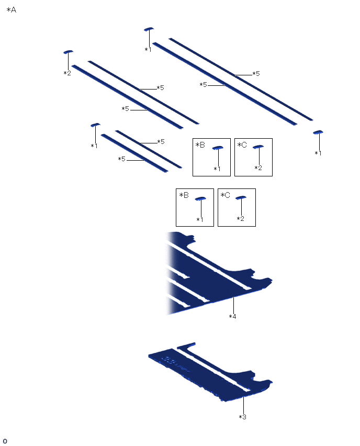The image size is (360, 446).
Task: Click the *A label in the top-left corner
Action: pyautogui.click(x=12, y=10)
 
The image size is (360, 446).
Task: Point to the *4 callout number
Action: pyautogui.click(x=233, y=316)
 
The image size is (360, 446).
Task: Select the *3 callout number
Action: pyautogui.click(x=243, y=417)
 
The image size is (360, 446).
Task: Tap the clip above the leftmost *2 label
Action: pyautogui.click(x=68, y=52)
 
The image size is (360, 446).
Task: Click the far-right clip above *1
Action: pyautogui.click(x=318, y=132)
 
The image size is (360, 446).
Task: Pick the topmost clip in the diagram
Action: pyautogui.click(x=149, y=29)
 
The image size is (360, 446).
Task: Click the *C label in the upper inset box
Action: pyautogui.click(x=242, y=145)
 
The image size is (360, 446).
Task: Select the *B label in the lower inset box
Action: pyautogui.click(x=184, y=195)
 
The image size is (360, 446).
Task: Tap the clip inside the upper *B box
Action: pyautogui.click(x=218, y=148)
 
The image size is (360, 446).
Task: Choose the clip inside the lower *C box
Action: pyautogui.click(x=241, y=198)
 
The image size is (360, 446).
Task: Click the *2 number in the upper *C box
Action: pyautogui.click(x=258, y=168)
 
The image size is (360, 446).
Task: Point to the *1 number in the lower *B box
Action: pyautogui.click(x=200, y=219)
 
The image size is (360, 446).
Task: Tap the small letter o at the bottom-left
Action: pyautogui.click(x=5, y=441)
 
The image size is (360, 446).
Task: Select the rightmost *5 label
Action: pyautogui.click(x=256, y=74)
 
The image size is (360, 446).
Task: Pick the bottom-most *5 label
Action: pyautogui.click(x=122, y=159)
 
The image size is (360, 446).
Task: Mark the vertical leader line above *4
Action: pyautogui.click(x=233, y=305)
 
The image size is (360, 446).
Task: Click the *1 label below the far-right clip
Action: pyautogui.click(x=318, y=153)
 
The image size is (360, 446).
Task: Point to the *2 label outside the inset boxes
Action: pyautogui.click(x=67, y=73)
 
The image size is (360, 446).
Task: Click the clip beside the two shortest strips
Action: pyautogui.click(x=95, y=125)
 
